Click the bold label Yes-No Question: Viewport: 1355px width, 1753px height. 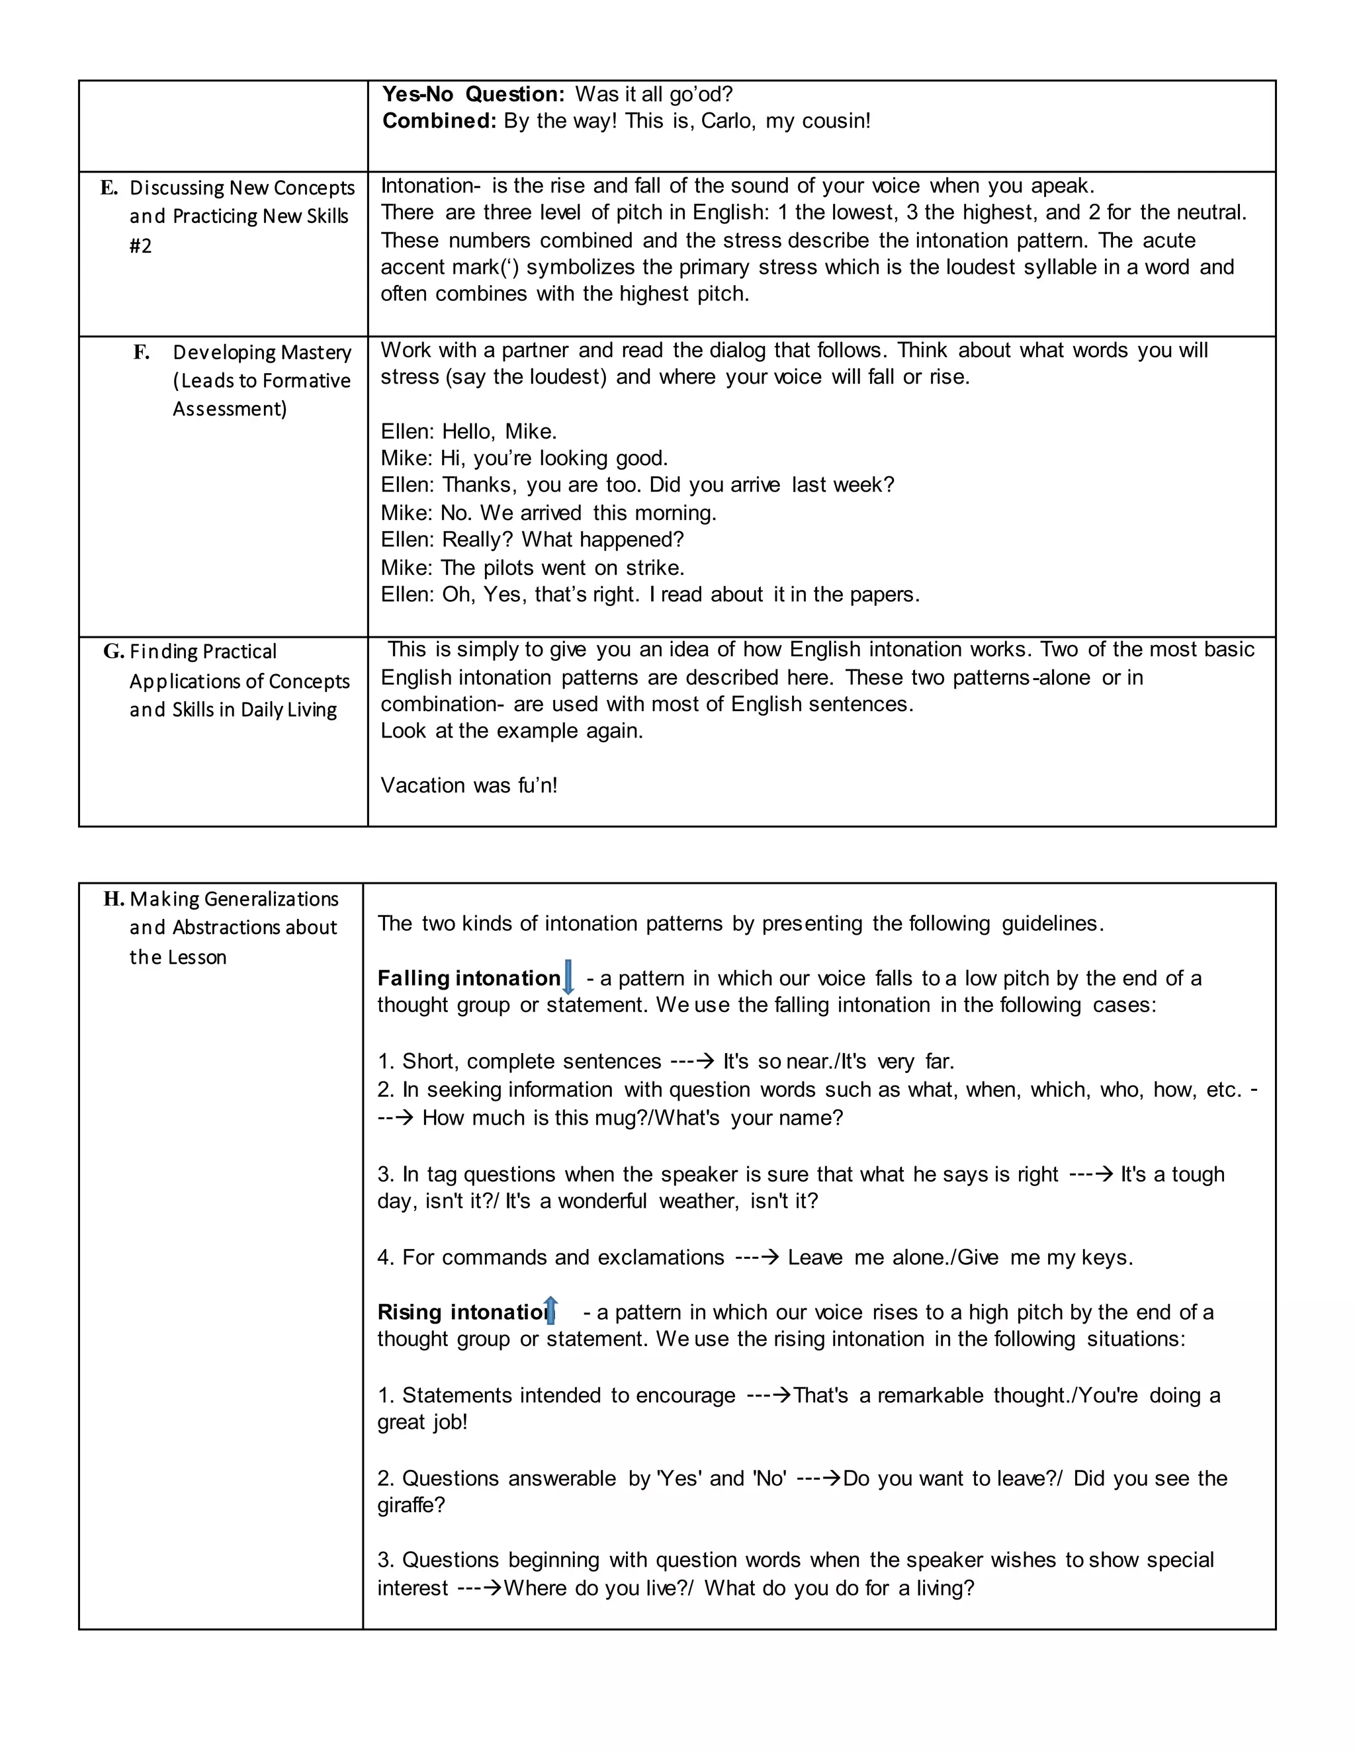(474, 94)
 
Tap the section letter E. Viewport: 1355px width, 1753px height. (109, 188)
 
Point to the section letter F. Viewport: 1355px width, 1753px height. (142, 353)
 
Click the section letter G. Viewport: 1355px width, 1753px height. (113, 651)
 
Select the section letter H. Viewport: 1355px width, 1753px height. (113, 899)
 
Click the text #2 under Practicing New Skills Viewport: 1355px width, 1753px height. (140, 245)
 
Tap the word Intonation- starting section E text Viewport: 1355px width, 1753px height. (430, 187)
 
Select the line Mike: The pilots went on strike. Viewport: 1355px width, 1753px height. (532, 568)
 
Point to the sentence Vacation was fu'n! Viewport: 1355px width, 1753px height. (469, 785)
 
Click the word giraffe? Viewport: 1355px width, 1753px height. (411, 1505)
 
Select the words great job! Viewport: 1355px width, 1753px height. (422, 1422)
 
